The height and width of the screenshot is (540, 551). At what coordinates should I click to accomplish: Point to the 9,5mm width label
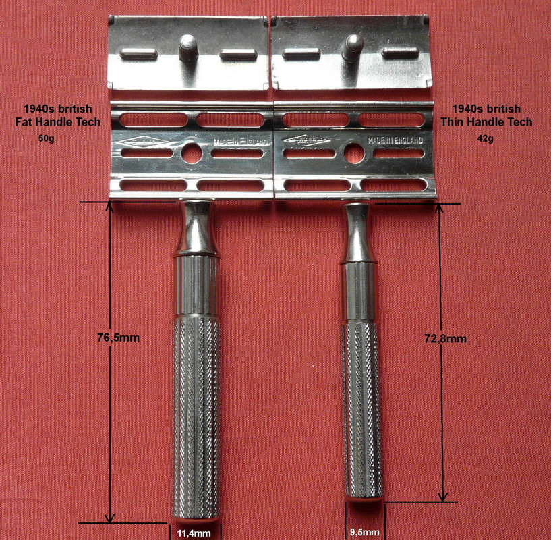pos(364,531)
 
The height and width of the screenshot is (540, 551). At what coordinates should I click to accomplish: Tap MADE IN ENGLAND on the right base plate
pos(396,140)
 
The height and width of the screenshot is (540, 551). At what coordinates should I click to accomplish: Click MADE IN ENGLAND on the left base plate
pos(241,142)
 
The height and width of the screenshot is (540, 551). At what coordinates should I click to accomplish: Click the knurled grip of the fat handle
pos(196,412)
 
